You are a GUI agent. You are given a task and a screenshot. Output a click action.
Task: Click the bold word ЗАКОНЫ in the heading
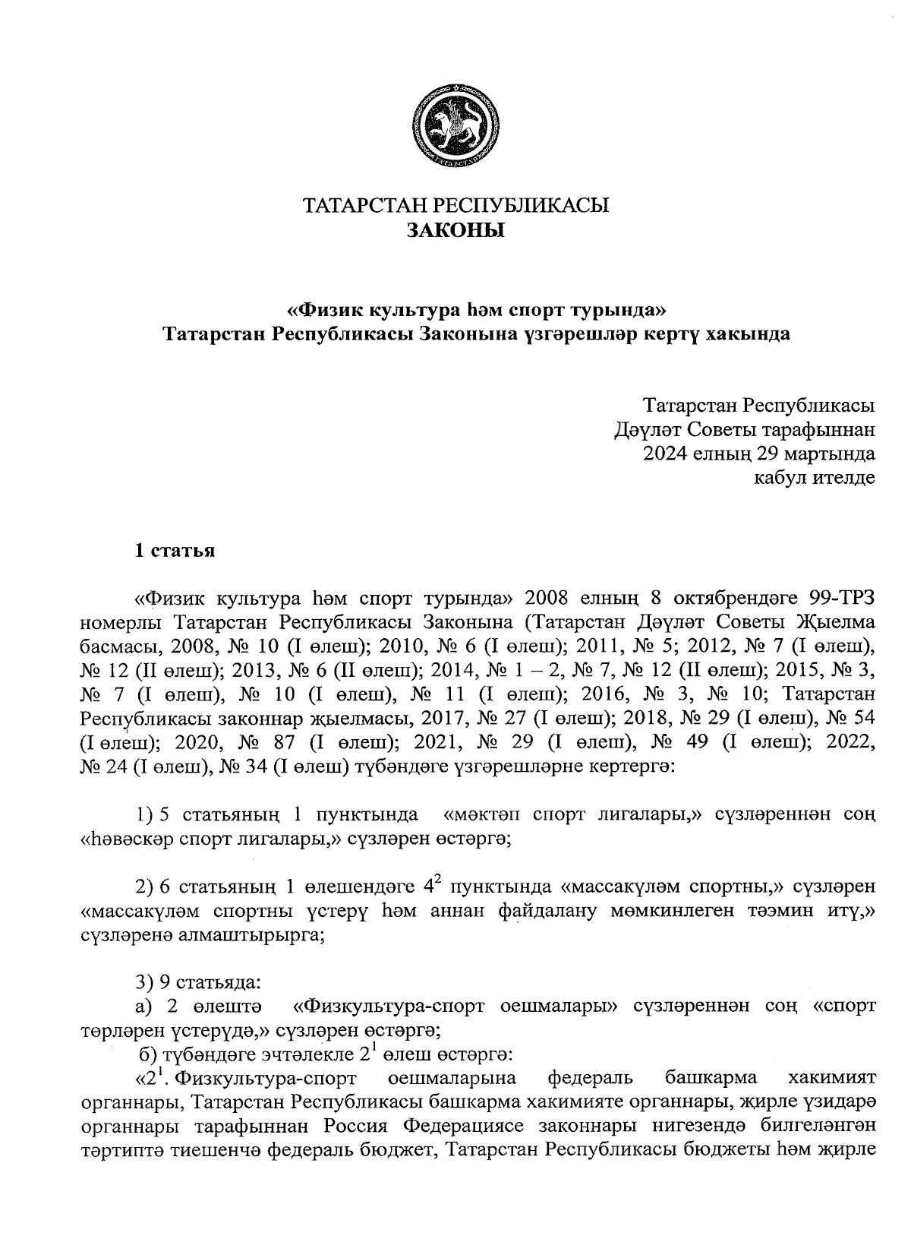coord(455,230)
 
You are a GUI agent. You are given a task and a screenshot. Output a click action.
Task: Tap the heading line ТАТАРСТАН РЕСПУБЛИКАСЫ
coord(455,205)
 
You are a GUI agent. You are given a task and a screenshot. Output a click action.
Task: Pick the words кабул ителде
coord(814,478)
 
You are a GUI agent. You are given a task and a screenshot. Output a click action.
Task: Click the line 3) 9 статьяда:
coord(199,982)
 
